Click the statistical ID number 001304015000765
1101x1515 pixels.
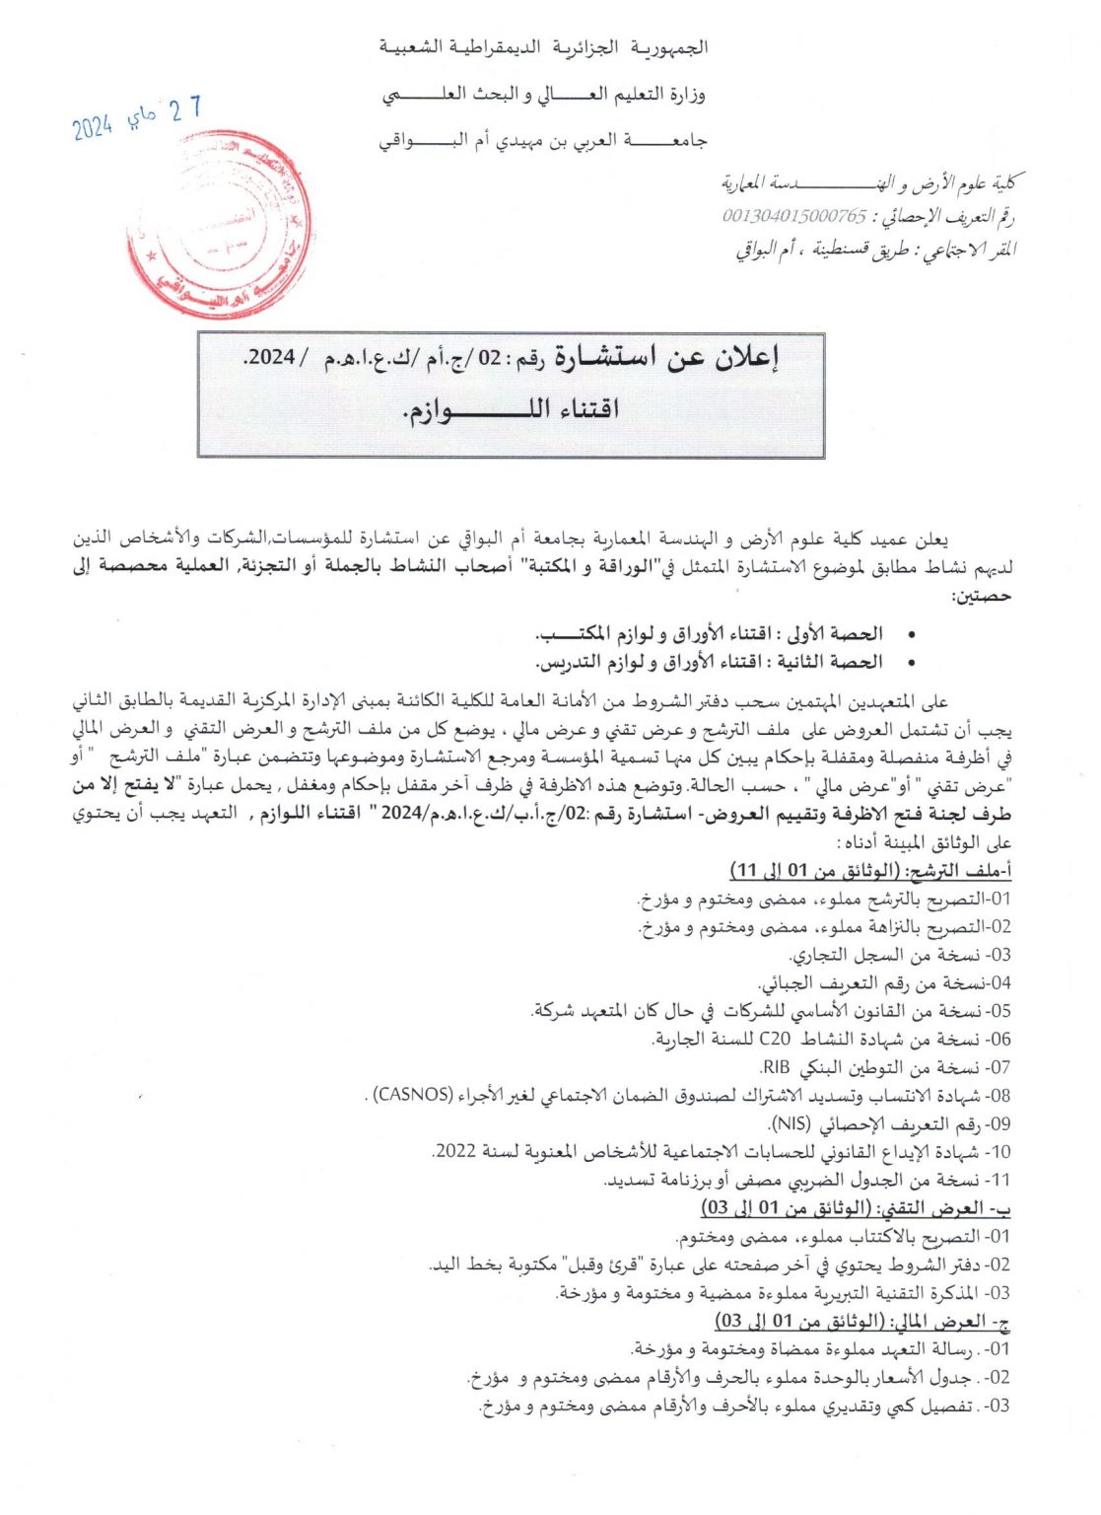[794, 216]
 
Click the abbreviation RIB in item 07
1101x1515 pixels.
[776, 1067]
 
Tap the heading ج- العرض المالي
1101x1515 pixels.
[950, 1321]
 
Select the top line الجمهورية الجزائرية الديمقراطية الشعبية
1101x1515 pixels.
[544, 47]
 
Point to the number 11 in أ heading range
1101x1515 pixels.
[747, 870]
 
